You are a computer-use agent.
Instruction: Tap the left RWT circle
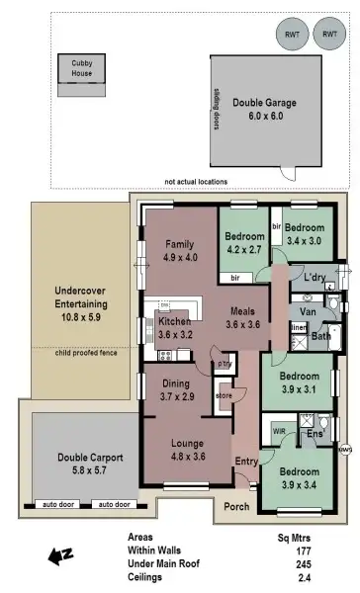click(x=292, y=34)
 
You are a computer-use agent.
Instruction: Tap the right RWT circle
click(x=328, y=34)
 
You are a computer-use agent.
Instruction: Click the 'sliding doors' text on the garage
click(x=215, y=108)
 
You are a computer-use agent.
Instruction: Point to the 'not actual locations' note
click(x=196, y=182)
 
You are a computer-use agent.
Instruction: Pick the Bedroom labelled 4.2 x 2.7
click(x=242, y=243)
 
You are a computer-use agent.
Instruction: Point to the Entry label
click(x=245, y=462)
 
